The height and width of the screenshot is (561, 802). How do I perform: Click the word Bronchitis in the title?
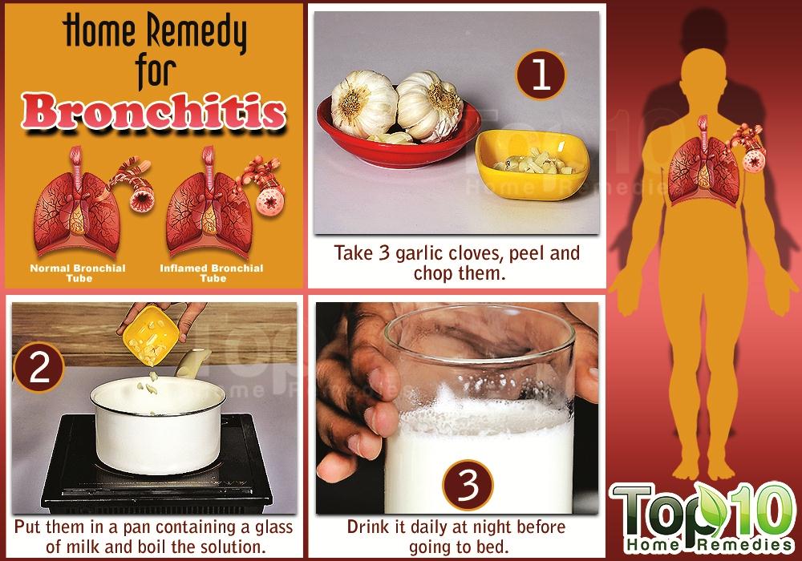tap(153, 111)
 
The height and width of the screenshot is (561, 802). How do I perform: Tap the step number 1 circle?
tap(541, 75)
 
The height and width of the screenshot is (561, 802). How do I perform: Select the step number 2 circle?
tap(38, 366)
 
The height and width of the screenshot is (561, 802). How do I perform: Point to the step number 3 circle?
tap(468, 485)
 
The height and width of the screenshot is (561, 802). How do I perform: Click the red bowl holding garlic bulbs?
tap(399, 133)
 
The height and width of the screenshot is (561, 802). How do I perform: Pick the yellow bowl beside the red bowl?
tap(533, 163)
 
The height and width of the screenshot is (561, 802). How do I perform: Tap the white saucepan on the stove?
tap(159, 424)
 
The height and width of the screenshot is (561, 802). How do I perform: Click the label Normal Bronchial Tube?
tap(78, 272)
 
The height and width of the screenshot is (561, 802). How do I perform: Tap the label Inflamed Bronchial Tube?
tap(212, 272)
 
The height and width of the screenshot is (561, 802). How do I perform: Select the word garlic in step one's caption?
tap(419, 253)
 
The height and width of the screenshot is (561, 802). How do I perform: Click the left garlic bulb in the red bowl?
tap(363, 104)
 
